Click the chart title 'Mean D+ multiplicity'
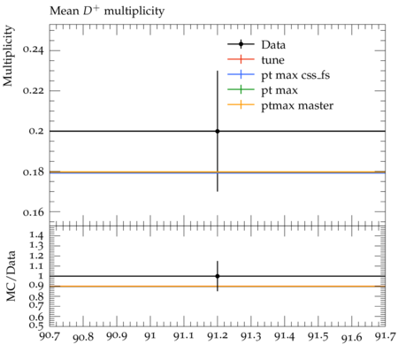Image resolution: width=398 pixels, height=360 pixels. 107,11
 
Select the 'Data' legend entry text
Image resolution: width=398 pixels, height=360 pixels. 273,45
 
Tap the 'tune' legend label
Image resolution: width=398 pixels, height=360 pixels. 272,60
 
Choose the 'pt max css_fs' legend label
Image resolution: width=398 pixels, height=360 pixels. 295,75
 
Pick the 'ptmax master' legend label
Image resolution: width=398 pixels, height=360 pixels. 297,105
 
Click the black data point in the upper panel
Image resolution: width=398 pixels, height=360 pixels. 218,131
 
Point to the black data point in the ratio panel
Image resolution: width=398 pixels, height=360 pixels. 218,276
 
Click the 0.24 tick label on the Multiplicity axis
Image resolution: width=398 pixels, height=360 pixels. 33,50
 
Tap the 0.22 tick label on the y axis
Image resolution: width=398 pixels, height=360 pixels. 33,90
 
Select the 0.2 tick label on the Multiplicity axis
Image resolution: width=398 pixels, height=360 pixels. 36,131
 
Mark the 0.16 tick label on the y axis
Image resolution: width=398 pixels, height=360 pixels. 33,211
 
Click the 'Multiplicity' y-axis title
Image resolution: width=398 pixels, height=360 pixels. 9,56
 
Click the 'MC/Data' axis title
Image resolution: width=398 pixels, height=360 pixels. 11,276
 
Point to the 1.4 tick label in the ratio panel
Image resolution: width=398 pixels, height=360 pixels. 36,235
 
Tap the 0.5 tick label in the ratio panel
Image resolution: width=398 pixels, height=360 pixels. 36,325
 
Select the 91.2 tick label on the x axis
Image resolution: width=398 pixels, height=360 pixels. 218,336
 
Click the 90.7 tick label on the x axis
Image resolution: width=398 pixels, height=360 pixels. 50,336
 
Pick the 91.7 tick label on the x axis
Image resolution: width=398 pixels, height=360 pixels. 386,336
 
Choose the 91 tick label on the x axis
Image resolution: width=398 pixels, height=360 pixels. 150,336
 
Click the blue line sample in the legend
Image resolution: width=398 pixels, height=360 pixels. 241,74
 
